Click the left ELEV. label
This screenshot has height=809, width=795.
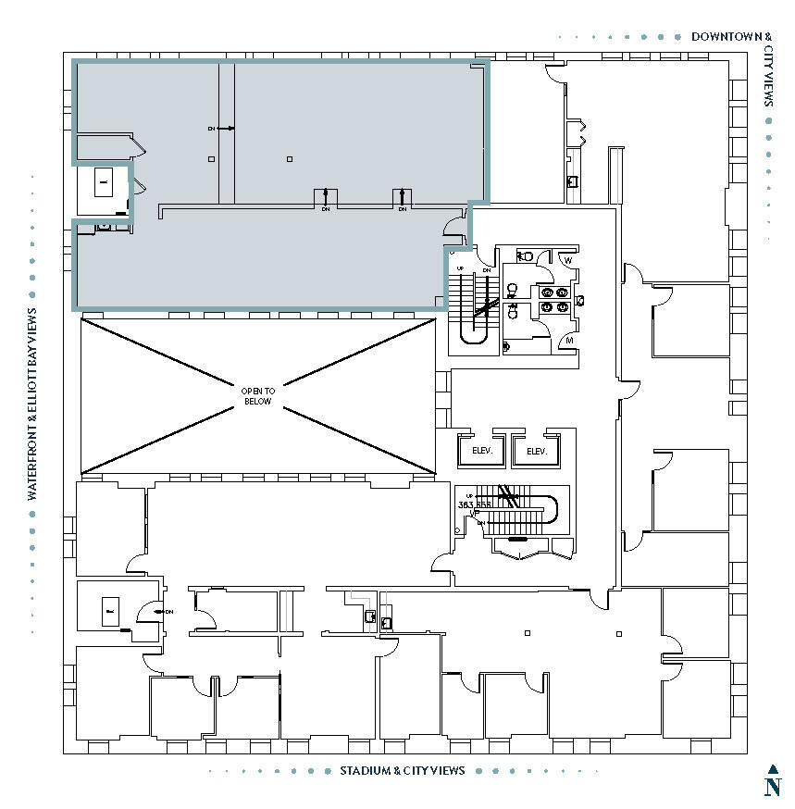point(480,452)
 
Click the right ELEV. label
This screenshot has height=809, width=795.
point(536,452)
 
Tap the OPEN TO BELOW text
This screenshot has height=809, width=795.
point(257,396)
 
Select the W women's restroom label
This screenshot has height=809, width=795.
point(568,260)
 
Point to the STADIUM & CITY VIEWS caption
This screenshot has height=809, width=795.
point(402,771)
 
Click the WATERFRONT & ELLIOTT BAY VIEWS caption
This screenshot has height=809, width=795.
point(32,404)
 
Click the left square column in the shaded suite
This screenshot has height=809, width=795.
point(212,159)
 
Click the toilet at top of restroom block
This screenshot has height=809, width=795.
point(524,256)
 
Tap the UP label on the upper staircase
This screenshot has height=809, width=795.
point(460,269)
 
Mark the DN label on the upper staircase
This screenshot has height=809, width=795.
point(485,270)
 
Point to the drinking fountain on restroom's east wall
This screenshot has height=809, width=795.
point(579,301)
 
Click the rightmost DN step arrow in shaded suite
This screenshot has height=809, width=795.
point(403,197)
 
